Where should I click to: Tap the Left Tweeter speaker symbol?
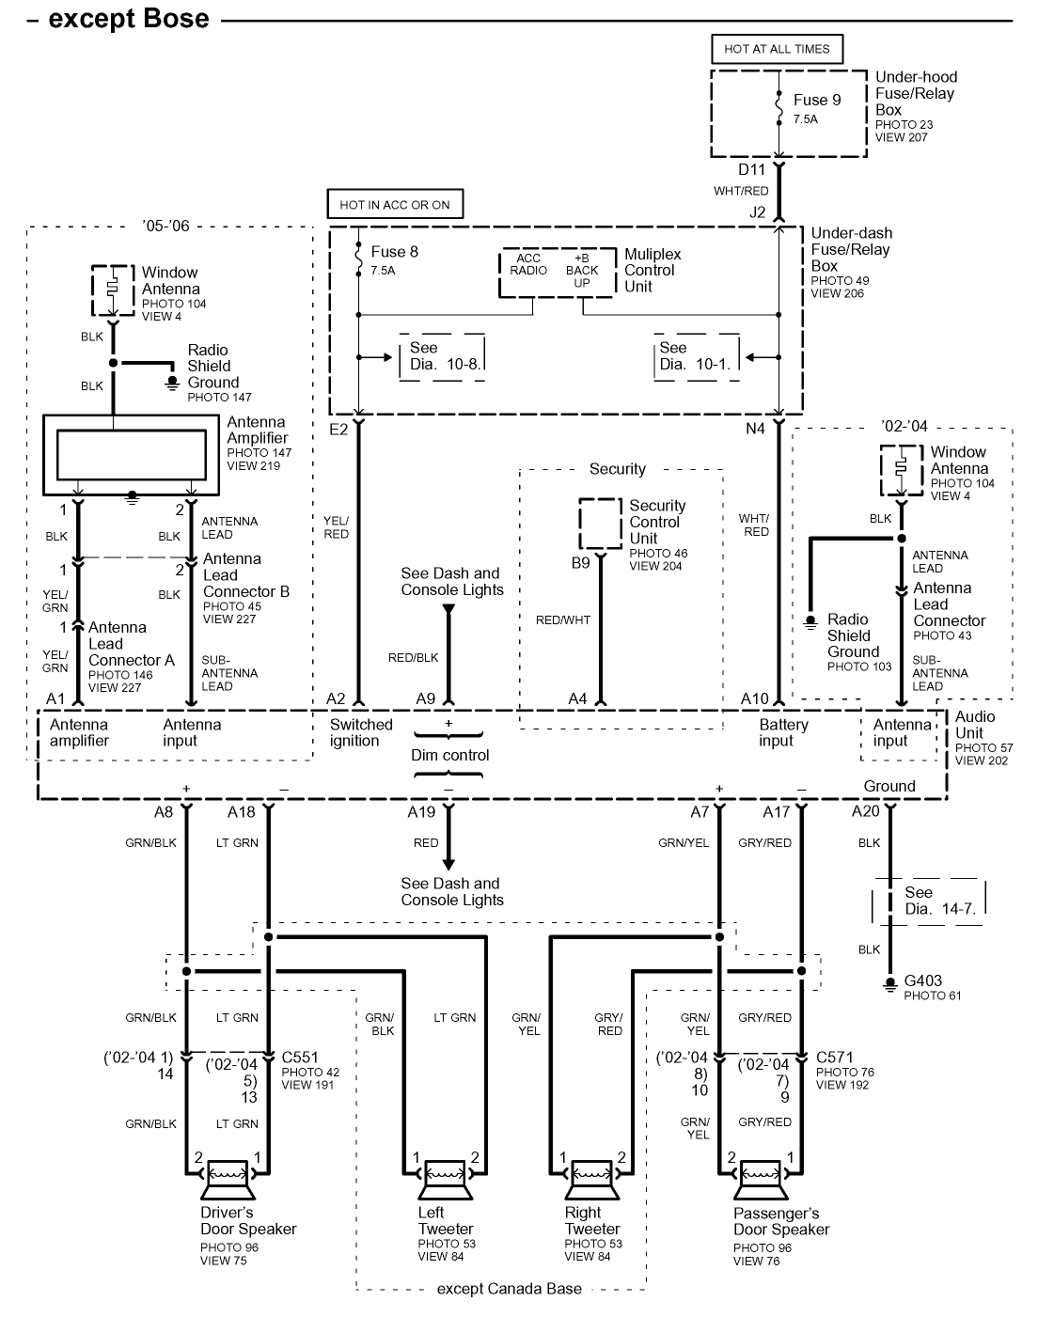447,1175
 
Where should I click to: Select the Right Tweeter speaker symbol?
592,1175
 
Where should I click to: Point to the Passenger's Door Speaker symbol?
761,1175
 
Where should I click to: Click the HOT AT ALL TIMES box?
777,49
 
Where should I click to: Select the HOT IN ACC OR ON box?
395,204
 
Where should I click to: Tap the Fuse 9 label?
816,100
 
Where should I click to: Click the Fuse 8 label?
395,251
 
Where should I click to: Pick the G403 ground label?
922,980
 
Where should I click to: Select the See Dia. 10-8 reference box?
442,356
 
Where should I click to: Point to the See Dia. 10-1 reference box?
697,356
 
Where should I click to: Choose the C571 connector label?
835,1058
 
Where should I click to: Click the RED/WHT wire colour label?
563,619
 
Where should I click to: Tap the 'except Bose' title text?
129,19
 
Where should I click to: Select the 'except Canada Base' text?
509,1288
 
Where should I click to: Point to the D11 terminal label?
751,169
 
